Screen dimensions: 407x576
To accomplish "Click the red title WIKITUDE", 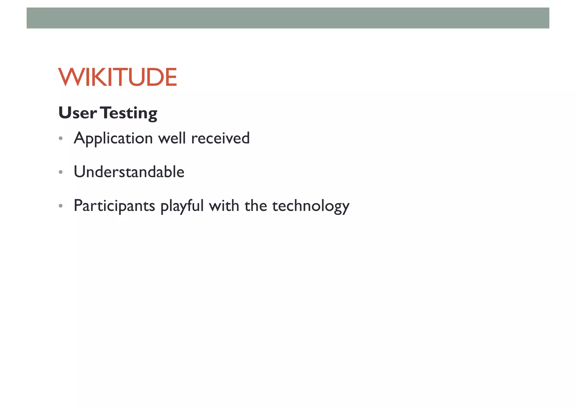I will click(118, 77).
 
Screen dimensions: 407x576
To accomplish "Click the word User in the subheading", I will click(77, 113).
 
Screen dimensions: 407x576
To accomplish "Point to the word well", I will click(172, 138).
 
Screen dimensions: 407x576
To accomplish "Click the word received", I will click(220, 138).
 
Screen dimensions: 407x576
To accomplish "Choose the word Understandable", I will click(129, 172).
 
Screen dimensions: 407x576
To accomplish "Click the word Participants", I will click(114, 206).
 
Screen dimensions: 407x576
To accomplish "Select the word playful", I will click(182, 206).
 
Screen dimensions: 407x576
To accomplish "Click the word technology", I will click(311, 206).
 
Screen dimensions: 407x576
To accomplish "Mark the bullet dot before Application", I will click(60, 138).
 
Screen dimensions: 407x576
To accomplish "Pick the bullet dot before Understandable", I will click(60, 172).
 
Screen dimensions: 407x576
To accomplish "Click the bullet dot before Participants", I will click(60, 206).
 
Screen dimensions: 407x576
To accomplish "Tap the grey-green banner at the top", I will click(288, 18).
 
